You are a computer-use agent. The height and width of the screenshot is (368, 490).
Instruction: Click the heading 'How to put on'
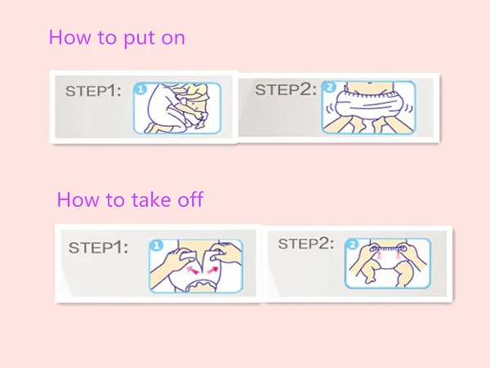[117, 38]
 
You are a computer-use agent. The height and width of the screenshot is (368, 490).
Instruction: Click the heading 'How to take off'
[130, 200]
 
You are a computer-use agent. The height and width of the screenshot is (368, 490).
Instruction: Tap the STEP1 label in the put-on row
[93, 91]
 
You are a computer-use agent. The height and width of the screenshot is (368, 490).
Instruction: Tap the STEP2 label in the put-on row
[286, 89]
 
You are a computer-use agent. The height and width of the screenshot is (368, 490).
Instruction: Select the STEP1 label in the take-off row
[98, 248]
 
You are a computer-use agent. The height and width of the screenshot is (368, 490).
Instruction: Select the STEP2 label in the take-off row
[306, 244]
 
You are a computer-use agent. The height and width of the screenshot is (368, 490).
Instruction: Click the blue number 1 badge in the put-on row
[140, 89]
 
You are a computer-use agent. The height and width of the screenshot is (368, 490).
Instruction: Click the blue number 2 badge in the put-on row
[329, 87]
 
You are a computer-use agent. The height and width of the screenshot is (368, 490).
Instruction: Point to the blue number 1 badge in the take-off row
[157, 245]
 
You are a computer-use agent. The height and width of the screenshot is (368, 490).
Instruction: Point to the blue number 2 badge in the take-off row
[352, 244]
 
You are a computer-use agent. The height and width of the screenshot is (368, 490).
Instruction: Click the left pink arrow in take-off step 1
[192, 270]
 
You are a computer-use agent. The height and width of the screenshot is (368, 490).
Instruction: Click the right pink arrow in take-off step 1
[212, 269]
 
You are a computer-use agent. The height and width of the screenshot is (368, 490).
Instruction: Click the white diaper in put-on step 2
[368, 103]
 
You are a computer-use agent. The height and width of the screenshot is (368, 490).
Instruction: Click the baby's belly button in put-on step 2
[370, 83]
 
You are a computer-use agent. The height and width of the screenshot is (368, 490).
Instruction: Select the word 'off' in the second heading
[190, 200]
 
